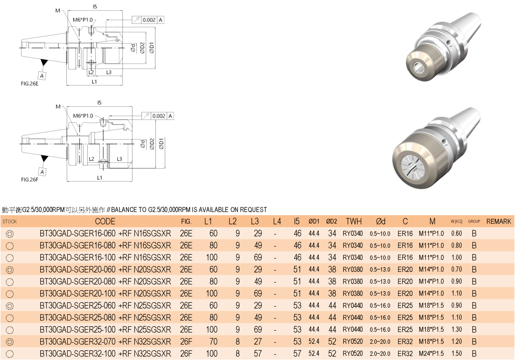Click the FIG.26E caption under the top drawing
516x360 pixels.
pos(30,84)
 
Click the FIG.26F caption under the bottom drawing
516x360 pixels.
pos(30,180)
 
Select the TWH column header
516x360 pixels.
pos(354,222)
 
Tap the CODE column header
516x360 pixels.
pos(105,222)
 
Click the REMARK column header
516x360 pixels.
pos(498,222)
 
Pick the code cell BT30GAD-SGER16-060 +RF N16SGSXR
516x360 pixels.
pos(105,233)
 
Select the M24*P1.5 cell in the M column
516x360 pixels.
pos(431,353)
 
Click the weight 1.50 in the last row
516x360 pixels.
pos(456,353)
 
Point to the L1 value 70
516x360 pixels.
pos(213,341)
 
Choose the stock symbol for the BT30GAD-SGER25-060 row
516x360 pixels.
pos(10,306)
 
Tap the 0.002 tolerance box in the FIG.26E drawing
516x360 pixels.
pos(149,20)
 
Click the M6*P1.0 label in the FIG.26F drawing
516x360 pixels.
pos(83,116)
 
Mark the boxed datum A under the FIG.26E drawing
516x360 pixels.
pos(42,76)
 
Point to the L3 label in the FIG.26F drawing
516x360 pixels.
pos(119,159)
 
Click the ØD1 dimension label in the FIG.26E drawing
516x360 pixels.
pos(152,48)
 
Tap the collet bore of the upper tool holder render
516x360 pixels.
pos(418,67)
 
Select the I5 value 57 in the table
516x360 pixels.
pos(297,353)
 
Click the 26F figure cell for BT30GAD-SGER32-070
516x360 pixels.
pos(186,341)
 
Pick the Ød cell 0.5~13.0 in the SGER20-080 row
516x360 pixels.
pos(380,282)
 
